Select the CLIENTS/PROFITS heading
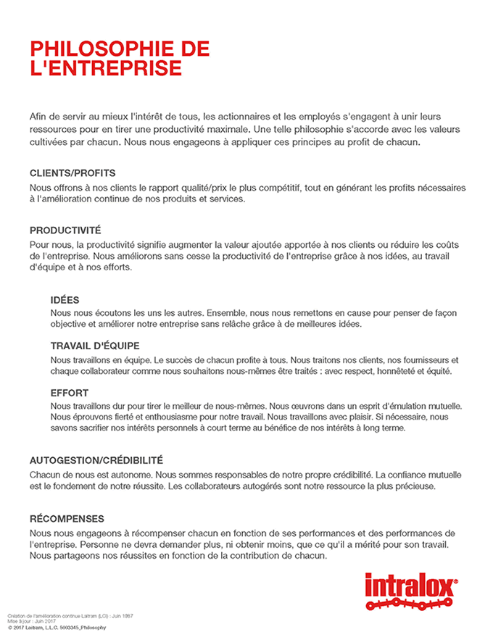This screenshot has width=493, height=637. click(72, 173)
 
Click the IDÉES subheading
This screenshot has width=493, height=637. click(65, 299)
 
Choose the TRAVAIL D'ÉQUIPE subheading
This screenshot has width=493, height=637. click(94, 346)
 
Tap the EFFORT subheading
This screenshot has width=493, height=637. click(70, 392)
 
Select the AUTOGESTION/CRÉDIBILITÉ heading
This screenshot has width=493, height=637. click(96, 460)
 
